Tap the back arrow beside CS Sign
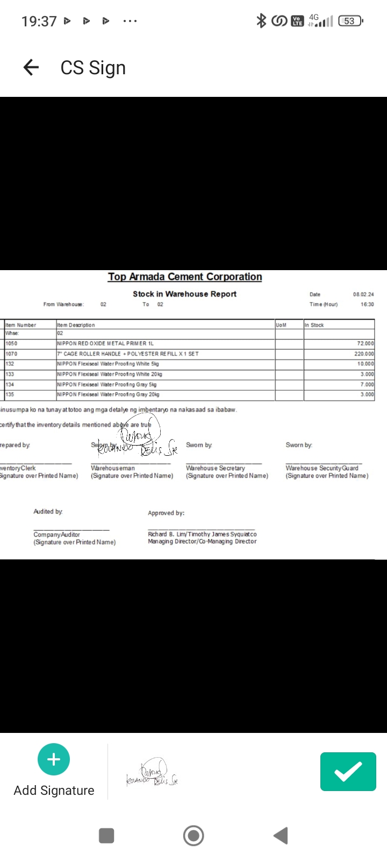pyautogui.click(x=31, y=67)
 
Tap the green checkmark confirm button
pyautogui.click(x=348, y=772)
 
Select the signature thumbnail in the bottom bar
pyautogui.click(x=152, y=773)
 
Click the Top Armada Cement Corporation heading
pyautogui.click(x=185, y=277)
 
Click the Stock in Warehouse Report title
pyautogui.click(x=184, y=294)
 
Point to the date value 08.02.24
pyautogui.click(x=363, y=294)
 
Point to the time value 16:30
pyautogui.click(x=367, y=305)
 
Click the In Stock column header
pyautogui.click(x=314, y=325)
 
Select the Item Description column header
pyautogui.click(x=76, y=325)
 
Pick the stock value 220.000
pyautogui.click(x=364, y=354)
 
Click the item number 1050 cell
pyautogui.click(x=11, y=343)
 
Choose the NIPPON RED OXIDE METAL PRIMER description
pyautogui.click(x=105, y=343)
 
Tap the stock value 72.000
pyautogui.click(x=365, y=343)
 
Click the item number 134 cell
pyautogui.click(x=10, y=384)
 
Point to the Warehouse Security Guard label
pyautogui.click(x=321, y=468)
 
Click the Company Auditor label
pyautogui.click(x=56, y=534)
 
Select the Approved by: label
pyautogui.click(x=166, y=513)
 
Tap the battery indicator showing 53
pyautogui.click(x=350, y=21)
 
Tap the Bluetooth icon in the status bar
pyautogui.click(x=261, y=21)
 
